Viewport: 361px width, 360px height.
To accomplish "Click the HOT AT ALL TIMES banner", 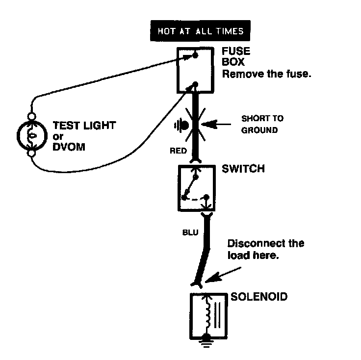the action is [x=200, y=30].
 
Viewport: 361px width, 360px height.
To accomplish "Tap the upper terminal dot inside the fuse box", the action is [x=195, y=55].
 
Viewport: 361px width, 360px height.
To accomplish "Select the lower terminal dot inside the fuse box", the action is [x=195, y=84].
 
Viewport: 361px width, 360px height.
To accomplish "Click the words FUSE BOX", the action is [x=236, y=56].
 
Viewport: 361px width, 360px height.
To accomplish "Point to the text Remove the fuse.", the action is [x=267, y=74].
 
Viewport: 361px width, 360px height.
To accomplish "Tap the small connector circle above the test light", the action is [x=31, y=116].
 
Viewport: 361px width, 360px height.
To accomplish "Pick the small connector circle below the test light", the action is [x=31, y=153].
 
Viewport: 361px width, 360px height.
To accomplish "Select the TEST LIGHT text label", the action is [x=84, y=126].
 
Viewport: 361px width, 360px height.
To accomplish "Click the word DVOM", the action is [x=69, y=147].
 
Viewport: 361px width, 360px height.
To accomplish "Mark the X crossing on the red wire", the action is [x=196, y=125].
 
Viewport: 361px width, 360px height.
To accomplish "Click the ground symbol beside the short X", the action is [x=181, y=126].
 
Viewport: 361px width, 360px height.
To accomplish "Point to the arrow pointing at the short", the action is [x=216, y=124].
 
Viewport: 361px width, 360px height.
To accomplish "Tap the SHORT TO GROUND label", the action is [x=262, y=124].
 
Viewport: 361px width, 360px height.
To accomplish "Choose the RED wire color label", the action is [x=178, y=151].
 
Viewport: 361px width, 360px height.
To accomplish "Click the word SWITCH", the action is [x=243, y=169].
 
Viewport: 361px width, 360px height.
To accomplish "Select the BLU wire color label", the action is [x=190, y=232].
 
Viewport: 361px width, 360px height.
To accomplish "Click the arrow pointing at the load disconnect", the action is [x=223, y=275].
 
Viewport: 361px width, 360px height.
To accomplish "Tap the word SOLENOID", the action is [x=259, y=297].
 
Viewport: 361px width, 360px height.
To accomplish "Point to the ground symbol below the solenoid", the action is [x=206, y=342].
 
